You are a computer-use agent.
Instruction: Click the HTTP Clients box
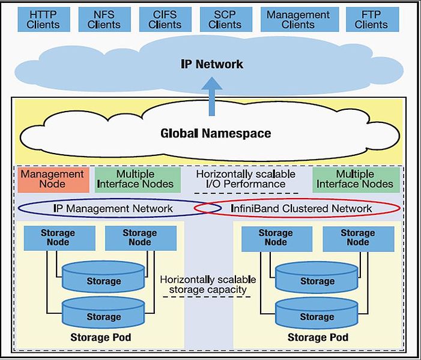pos(43,19)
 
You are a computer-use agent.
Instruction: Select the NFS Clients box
pos(104,19)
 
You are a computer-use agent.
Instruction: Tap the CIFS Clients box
pos(165,19)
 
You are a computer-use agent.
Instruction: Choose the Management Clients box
pos(298,19)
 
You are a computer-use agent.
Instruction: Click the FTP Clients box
pos(371,19)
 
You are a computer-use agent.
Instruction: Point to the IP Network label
pos(212,64)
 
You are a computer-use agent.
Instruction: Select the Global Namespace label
pos(216,133)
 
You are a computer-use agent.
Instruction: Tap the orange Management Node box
pos(53,179)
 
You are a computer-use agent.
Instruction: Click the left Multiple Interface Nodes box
pos(135,179)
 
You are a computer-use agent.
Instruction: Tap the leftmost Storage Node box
pos(58,238)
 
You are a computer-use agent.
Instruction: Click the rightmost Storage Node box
pos(357,238)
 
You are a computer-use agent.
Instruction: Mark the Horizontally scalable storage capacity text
pos(208,285)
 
